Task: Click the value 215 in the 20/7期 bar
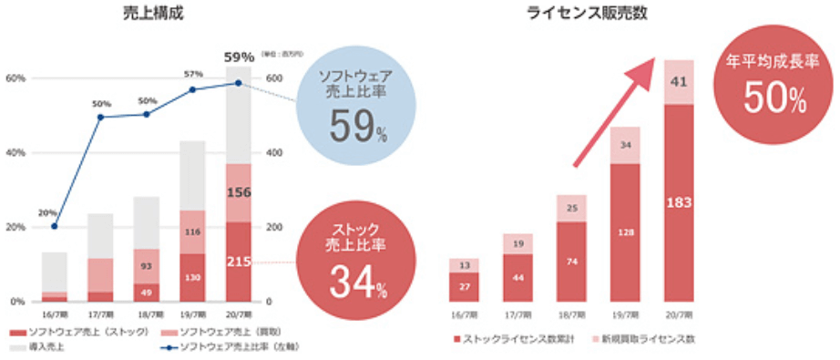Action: (238, 262)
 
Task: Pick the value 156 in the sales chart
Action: (238, 192)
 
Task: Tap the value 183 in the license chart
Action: (679, 201)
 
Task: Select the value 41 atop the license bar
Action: (679, 82)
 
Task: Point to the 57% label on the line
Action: (193, 73)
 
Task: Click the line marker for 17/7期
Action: (100, 117)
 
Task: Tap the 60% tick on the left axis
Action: (15, 78)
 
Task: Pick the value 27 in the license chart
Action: (464, 287)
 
